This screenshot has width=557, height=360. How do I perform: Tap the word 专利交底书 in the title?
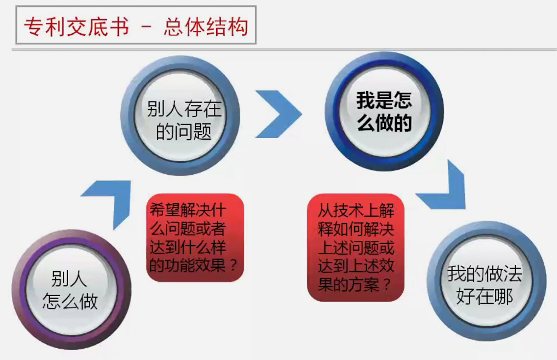point(76,27)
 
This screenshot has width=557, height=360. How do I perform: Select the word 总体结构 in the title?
point(206,27)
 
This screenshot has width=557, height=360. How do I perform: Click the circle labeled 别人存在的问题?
point(180,115)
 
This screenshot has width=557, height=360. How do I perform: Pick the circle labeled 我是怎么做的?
point(384,111)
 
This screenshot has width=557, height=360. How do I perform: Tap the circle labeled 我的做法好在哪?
point(486,281)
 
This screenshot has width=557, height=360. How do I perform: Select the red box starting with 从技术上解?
point(356,248)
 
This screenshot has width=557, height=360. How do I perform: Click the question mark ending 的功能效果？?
point(233,265)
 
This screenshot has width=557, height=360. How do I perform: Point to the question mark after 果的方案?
point(387,284)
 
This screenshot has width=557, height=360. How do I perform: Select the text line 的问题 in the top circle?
point(183,132)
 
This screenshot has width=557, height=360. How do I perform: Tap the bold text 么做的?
point(384,123)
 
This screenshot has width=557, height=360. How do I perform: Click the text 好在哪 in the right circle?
point(484,296)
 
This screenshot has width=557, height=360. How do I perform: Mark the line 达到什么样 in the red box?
point(188,247)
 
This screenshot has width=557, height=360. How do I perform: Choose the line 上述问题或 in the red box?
point(356,247)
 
